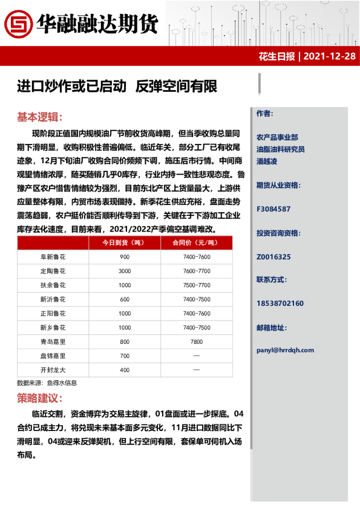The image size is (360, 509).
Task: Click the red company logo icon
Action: (17, 24)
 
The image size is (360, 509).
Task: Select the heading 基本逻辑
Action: (39, 117)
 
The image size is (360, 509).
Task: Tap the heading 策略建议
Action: (39, 398)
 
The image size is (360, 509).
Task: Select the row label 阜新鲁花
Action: (53, 257)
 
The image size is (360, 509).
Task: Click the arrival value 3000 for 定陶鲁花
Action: (125, 271)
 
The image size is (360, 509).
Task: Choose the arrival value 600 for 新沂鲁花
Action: (125, 299)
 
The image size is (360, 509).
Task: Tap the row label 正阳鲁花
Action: (53, 314)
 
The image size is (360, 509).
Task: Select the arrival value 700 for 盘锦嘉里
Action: (125, 355)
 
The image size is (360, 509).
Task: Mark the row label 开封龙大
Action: (53, 370)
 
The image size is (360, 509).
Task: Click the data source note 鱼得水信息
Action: (63, 383)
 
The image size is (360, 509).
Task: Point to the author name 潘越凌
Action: (267, 161)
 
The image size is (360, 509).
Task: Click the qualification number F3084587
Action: (273, 209)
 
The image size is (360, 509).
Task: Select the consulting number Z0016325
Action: (273, 256)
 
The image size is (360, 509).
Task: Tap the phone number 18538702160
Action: (280, 303)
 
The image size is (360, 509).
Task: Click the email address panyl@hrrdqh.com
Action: (285, 349)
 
